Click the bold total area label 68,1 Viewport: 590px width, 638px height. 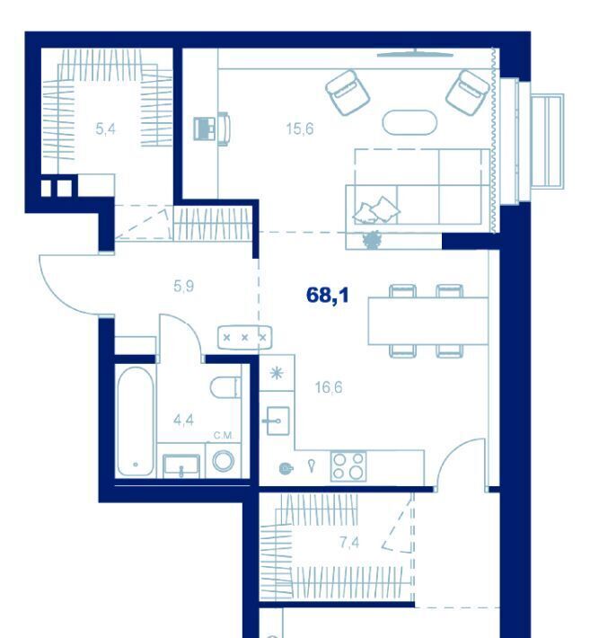coord(327,295)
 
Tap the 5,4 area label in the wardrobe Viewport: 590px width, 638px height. coord(105,129)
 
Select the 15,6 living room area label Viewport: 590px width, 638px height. coord(300,129)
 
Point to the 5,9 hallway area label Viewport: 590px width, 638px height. coord(184,287)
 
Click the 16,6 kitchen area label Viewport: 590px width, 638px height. coord(329,387)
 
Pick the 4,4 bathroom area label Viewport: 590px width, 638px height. coord(183,420)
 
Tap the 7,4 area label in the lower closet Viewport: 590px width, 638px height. coord(349,543)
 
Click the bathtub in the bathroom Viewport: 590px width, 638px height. coord(136,421)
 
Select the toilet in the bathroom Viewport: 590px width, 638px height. coord(225,387)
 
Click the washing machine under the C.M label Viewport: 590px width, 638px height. coord(224,461)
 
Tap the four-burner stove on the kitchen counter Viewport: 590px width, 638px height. coord(348,466)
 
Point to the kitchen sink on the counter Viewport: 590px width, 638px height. coord(277,421)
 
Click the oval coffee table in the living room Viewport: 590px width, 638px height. coord(409,122)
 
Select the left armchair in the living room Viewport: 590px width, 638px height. coord(348,92)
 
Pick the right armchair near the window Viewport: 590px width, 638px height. coord(468,93)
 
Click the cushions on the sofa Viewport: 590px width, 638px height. coord(376,210)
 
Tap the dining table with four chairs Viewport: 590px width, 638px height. coord(428,322)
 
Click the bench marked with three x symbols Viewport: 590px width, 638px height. coord(245,337)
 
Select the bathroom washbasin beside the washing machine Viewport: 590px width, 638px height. coord(181,465)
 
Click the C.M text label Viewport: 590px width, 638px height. coord(223,436)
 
